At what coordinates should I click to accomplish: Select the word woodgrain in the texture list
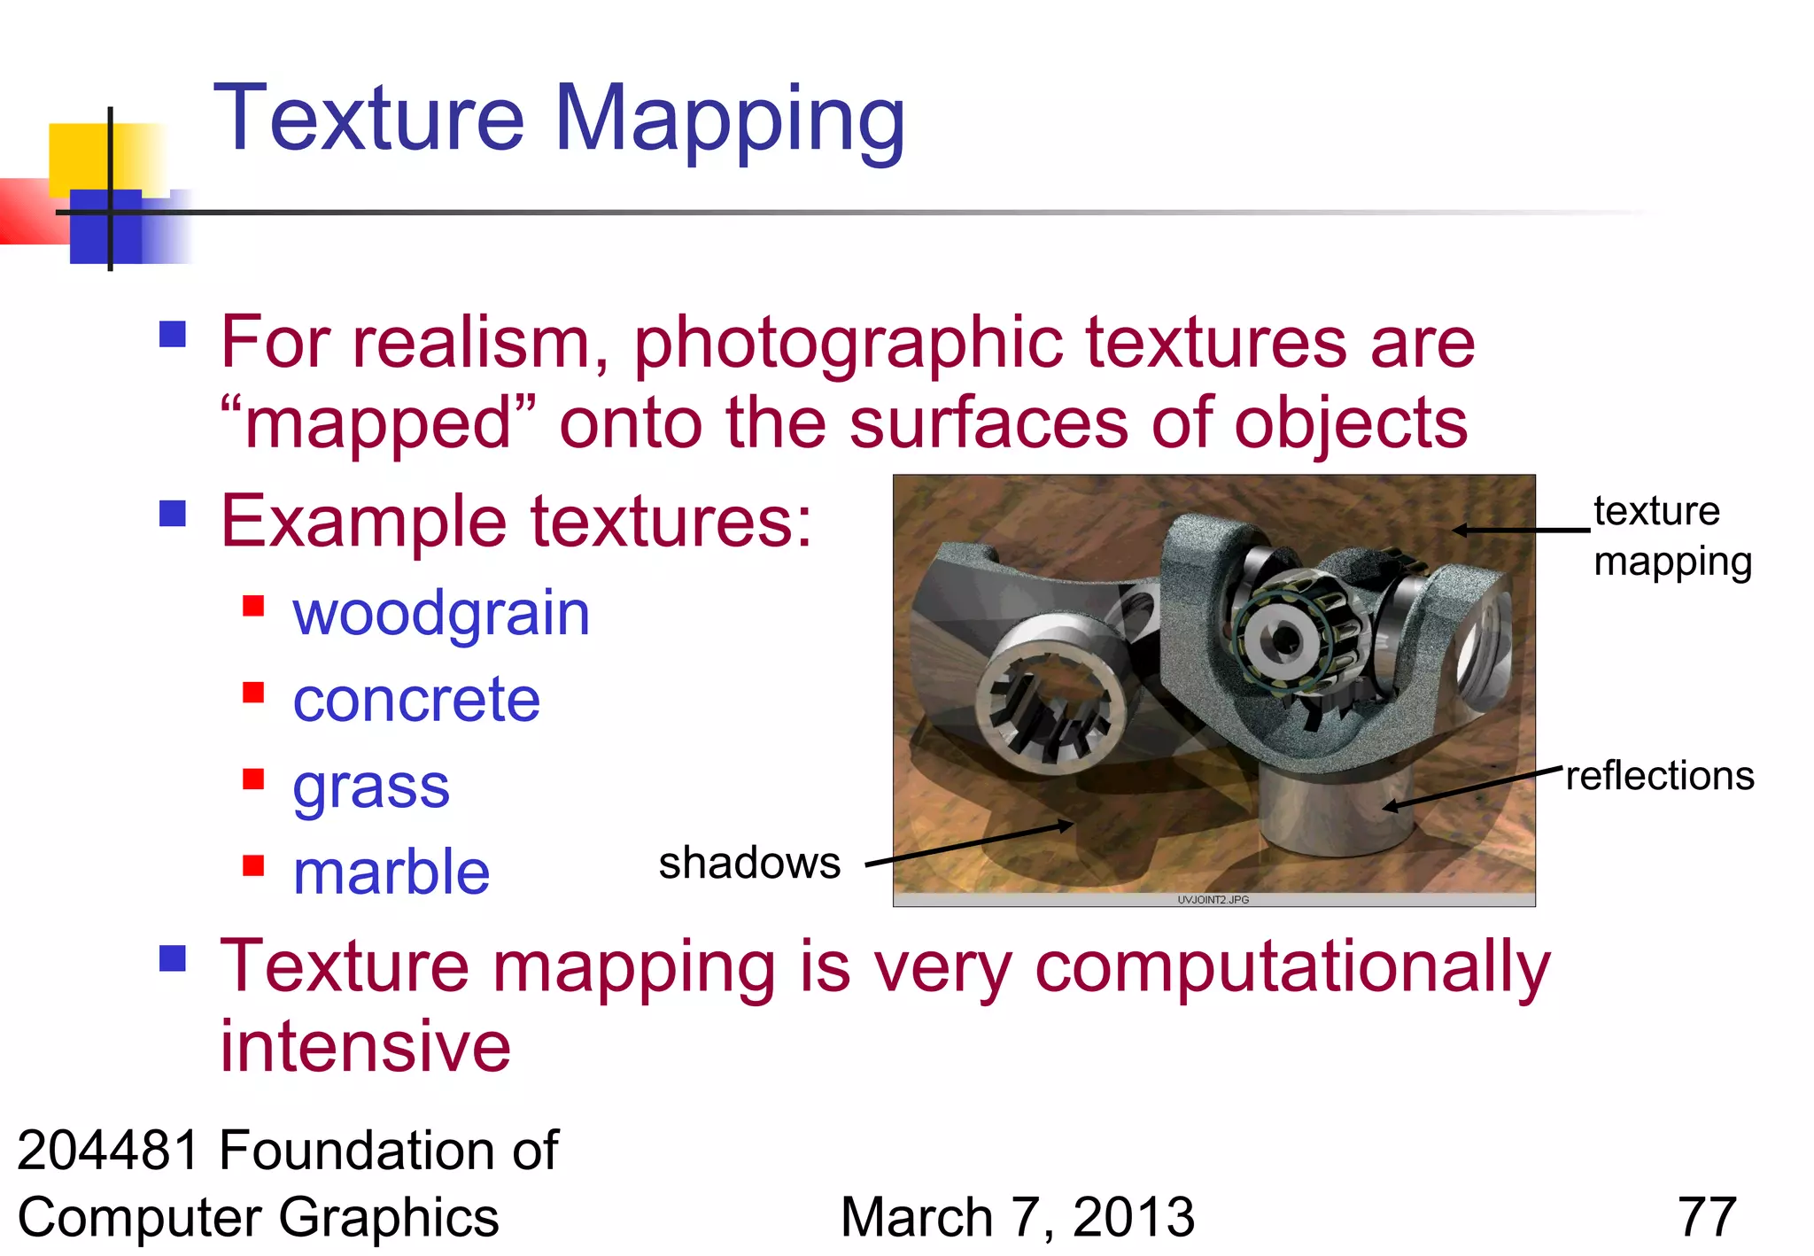point(441,614)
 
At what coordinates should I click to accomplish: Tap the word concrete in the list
point(416,700)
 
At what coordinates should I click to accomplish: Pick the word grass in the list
point(371,787)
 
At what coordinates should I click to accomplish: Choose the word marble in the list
point(391,872)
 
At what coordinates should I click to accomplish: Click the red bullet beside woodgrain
point(253,606)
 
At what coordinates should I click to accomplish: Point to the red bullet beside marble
point(253,864)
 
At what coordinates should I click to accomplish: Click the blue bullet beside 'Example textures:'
point(173,513)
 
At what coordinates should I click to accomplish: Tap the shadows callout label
point(749,864)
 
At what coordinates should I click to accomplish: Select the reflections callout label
point(1660,776)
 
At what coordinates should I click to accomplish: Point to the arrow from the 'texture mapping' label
point(1521,531)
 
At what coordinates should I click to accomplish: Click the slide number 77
point(1707,1217)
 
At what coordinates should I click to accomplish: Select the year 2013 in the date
point(1134,1217)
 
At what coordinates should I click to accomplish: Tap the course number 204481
point(109,1151)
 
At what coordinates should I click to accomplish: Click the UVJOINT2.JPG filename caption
point(1213,900)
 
